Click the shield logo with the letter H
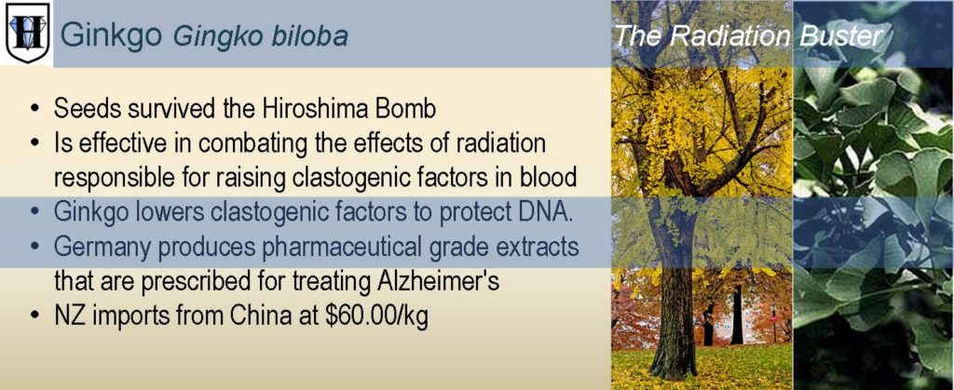pyautogui.click(x=27, y=32)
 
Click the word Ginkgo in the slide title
pyautogui.click(x=112, y=35)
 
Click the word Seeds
pyautogui.click(x=84, y=109)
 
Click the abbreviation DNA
pyautogui.click(x=546, y=212)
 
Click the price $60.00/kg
pyautogui.click(x=376, y=317)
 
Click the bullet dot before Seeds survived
pyautogui.click(x=37, y=110)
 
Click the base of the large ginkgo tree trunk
pyautogui.click(x=673, y=370)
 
